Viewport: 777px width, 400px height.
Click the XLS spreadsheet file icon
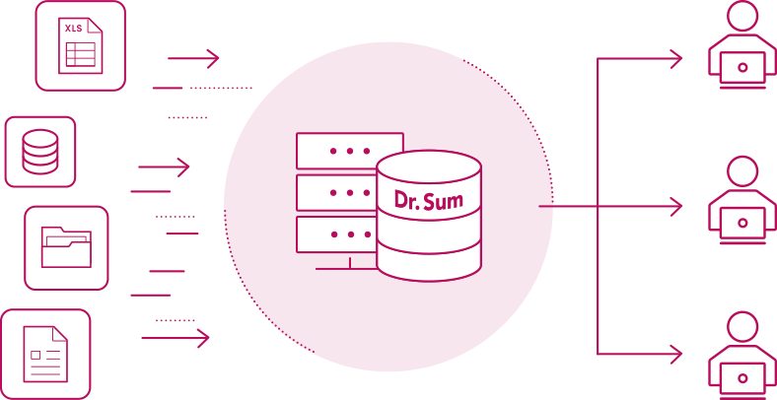[x=81, y=46]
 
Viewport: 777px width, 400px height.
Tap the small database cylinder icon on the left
[x=40, y=152]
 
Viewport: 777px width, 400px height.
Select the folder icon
[x=66, y=247]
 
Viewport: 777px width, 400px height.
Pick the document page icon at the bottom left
[x=45, y=354]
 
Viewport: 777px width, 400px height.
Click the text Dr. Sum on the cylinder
[x=429, y=200]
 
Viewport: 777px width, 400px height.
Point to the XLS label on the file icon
[x=74, y=29]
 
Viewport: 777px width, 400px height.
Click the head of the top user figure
[x=742, y=17]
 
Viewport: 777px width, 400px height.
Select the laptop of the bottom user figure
[x=742, y=375]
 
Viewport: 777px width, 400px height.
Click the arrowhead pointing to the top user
[x=676, y=59]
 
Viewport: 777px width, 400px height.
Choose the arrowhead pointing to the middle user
[x=676, y=207]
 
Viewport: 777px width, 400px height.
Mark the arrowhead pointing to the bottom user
[x=676, y=353]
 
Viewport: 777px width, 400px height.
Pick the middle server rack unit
[x=336, y=192]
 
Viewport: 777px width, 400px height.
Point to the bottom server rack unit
[x=336, y=234]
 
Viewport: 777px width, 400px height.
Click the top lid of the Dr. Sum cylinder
[x=429, y=166]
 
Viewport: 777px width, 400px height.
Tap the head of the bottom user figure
[x=742, y=326]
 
